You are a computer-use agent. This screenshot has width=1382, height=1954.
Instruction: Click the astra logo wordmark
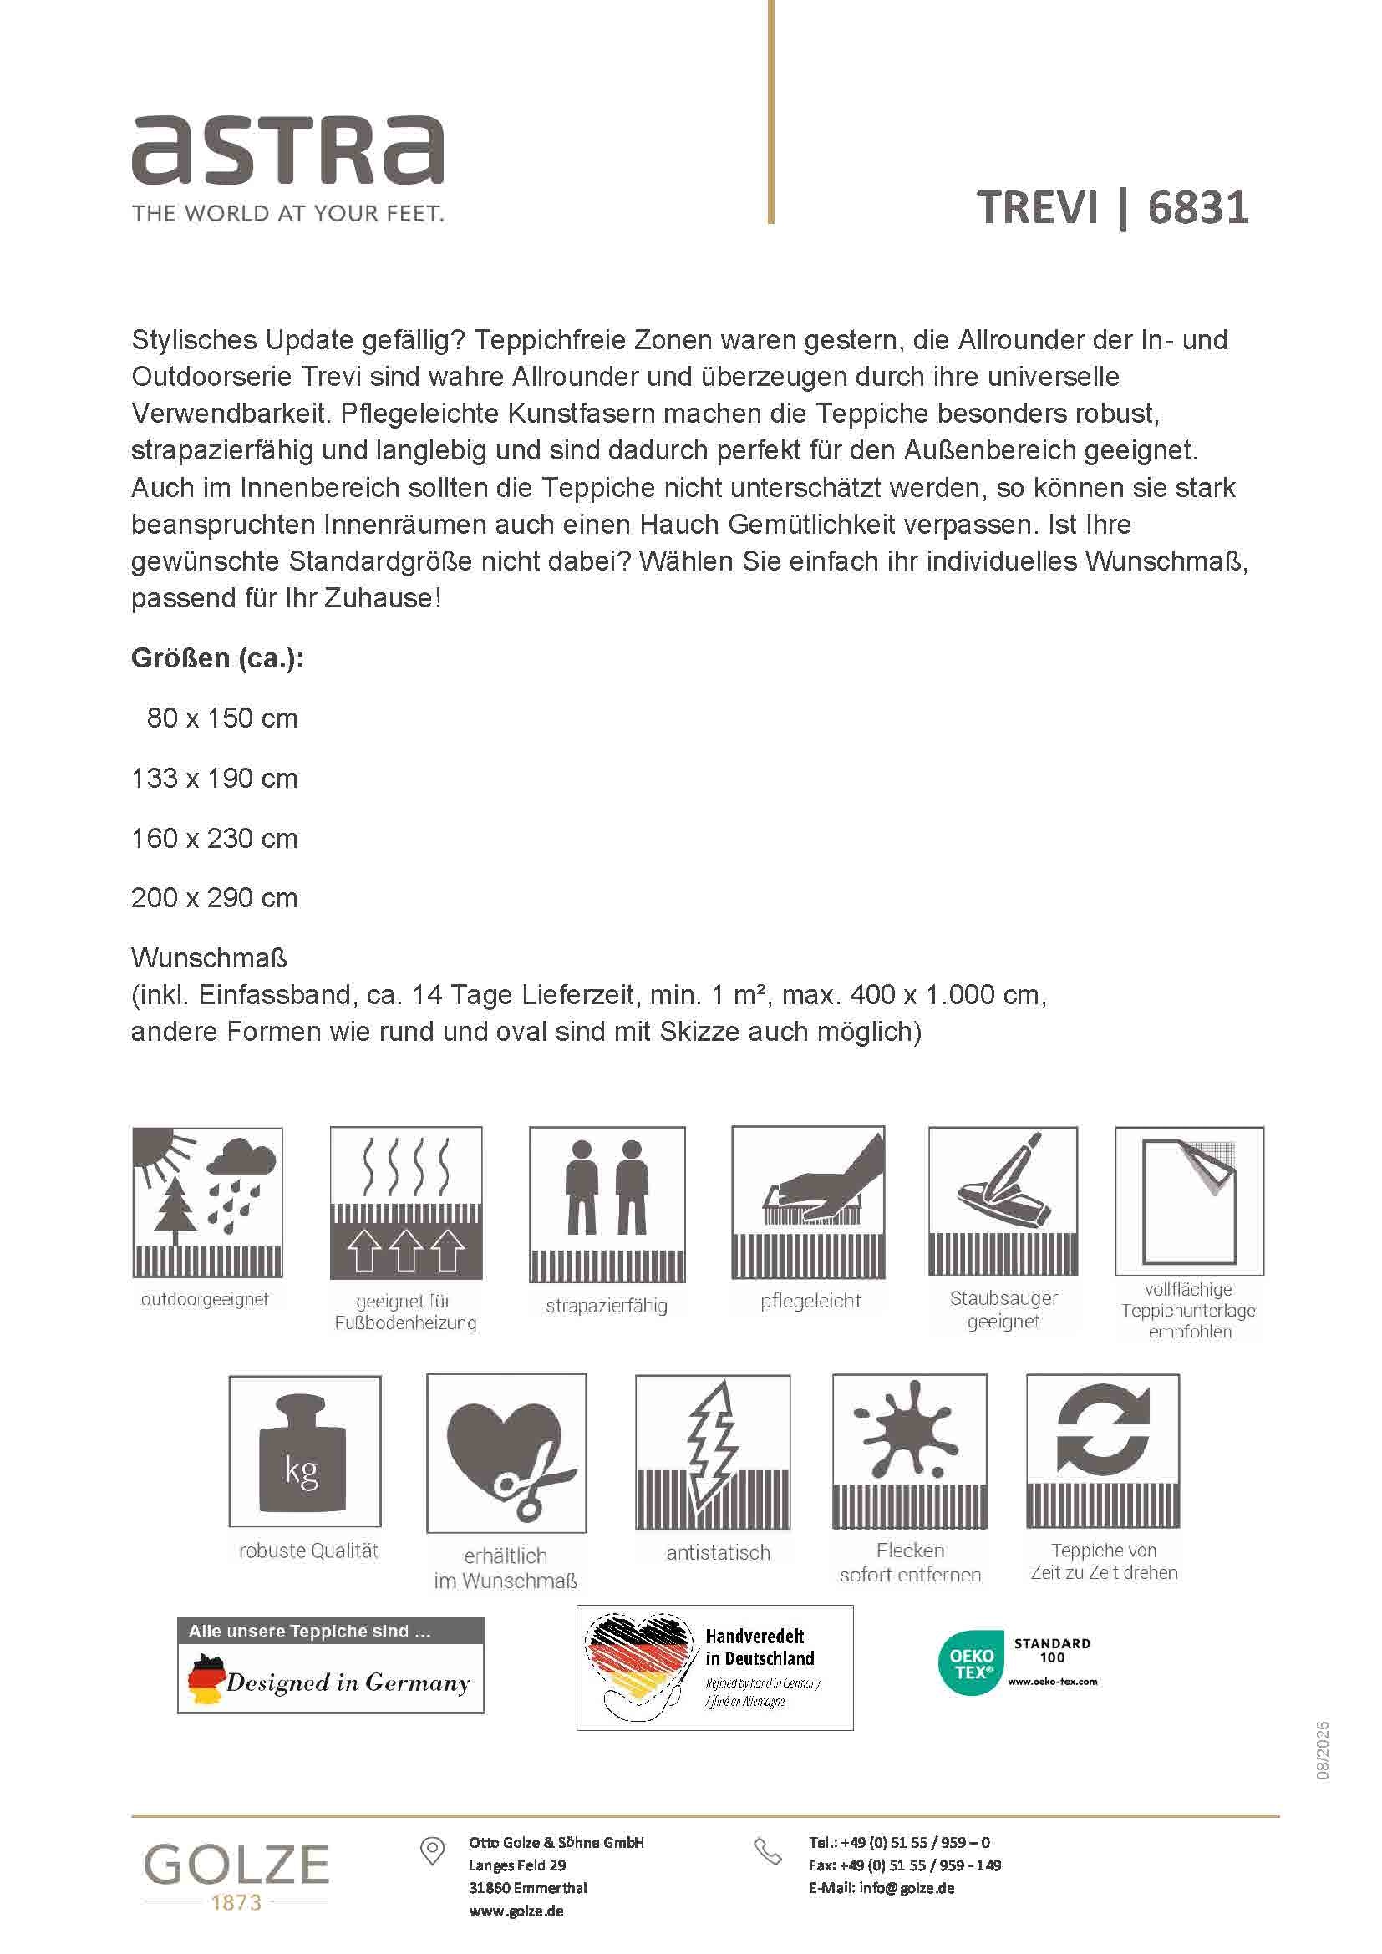tap(287, 150)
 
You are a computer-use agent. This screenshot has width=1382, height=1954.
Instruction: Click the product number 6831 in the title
tap(1198, 208)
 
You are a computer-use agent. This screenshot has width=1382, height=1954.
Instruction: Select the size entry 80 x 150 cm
tap(222, 718)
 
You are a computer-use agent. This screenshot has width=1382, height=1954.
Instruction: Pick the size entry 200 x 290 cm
tap(215, 898)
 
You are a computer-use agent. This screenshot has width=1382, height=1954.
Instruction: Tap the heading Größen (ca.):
tap(218, 657)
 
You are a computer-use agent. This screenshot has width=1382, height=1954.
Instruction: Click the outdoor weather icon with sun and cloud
tap(208, 1201)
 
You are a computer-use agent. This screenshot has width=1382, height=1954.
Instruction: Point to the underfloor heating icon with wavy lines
tap(406, 1201)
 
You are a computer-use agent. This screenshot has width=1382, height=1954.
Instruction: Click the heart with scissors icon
tap(506, 1454)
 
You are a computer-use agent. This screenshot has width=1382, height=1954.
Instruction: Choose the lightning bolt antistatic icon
tap(713, 1452)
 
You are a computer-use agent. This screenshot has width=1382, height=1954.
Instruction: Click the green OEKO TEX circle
tap(972, 1664)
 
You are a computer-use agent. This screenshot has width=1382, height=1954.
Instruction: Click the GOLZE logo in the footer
tap(236, 1866)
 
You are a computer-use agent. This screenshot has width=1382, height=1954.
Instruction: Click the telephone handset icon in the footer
tap(768, 1851)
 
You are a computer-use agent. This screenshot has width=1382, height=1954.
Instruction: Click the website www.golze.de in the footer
tap(516, 1911)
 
